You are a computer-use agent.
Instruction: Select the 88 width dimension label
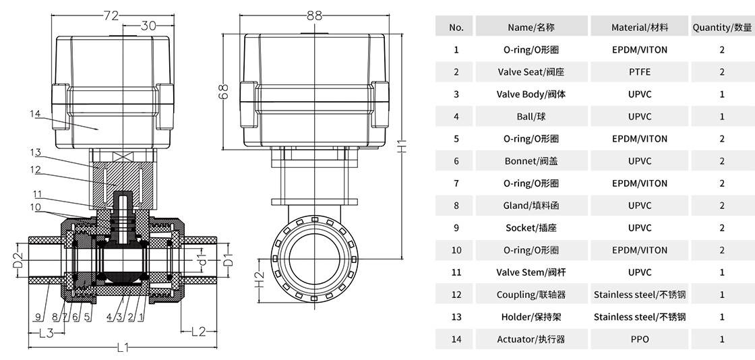(x=313, y=14)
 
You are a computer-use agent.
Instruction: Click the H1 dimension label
(x=401, y=146)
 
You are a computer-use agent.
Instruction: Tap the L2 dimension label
(x=198, y=331)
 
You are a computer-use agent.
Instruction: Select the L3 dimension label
(x=46, y=332)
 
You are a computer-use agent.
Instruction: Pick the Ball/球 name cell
(x=531, y=117)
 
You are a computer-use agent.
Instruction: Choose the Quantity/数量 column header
(x=722, y=28)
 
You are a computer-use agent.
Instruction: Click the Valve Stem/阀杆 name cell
(x=531, y=272)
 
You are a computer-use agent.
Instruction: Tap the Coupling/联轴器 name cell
(x=531, y=295)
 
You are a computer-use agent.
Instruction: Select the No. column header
(x=456, y=28)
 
